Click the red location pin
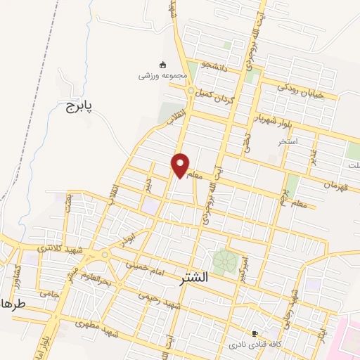click(181, 165)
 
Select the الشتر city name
click(189, 276)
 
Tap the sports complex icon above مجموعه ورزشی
click(163, 63)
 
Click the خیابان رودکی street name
click(300, 90)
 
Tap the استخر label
click(288, 141)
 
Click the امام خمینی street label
click(144, 266)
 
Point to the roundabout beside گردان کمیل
click(190, 91)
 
